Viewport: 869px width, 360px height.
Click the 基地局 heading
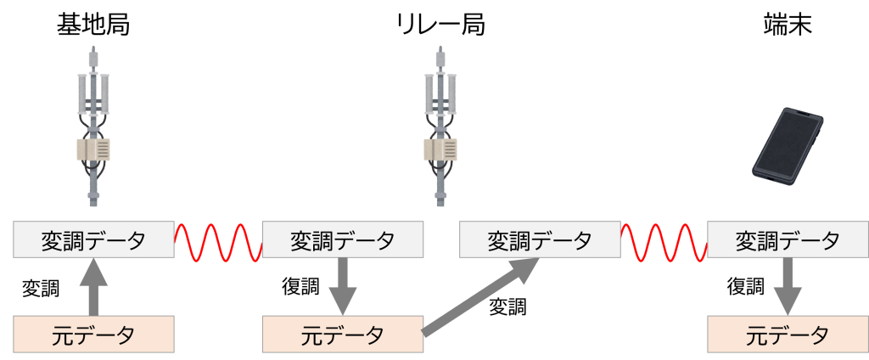93,25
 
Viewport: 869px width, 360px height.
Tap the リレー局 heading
441,25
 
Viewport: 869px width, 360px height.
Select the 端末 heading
788,25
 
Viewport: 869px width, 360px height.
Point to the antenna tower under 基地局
93,127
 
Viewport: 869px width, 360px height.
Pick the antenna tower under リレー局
441,127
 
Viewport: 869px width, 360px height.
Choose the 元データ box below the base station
93,335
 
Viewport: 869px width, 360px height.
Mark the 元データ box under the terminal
788,335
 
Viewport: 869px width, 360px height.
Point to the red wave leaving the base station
218,241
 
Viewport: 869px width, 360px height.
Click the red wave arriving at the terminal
664,241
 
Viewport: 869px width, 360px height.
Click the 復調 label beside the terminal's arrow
746,287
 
